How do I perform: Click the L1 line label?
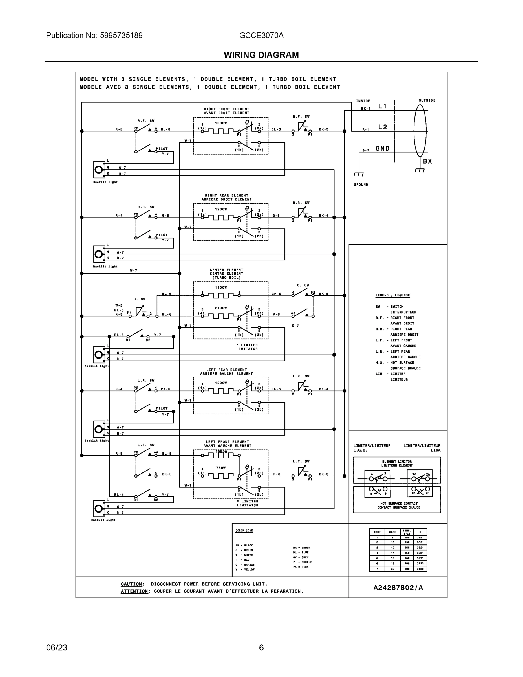[382, 106]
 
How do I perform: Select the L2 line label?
[383, 127]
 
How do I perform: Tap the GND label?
[382, 148]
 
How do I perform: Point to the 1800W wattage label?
[221, 123]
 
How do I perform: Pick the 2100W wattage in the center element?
[221, 308]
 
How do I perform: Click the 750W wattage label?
[221, 468]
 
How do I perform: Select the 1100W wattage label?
[221, 287]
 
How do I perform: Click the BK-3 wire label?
[323, 129]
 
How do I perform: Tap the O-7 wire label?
[295, 326]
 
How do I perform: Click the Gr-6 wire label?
[276, 294]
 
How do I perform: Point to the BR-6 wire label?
[166, 474]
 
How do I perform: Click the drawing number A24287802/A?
[398, 587]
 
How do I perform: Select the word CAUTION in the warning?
[131, 584]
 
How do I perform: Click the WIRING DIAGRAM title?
[261, 55]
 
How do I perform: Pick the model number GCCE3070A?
[261, 35]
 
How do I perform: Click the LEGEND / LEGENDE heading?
[392, 295]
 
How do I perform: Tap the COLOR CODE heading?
[244, 531]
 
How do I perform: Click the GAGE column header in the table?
[392, 532]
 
